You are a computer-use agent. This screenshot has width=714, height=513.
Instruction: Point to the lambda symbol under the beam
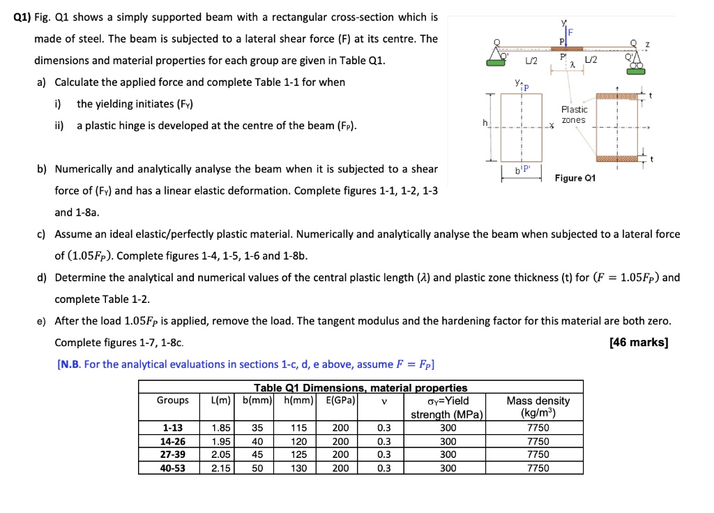point(572,65)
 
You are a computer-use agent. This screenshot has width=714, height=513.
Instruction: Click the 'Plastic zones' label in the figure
point(575,114)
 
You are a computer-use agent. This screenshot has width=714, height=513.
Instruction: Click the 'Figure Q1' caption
point(575,178)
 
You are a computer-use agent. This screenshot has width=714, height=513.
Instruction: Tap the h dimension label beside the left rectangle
point(477,124)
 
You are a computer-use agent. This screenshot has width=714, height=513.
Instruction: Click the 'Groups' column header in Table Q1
point(173,401)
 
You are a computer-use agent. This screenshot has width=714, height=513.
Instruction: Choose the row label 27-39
point(174,454)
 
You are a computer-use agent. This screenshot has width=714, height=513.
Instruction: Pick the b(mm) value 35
point(257,428)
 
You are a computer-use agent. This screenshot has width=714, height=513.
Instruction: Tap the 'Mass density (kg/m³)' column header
point(538,407)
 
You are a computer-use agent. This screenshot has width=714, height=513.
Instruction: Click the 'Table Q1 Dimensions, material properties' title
point(360,387)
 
